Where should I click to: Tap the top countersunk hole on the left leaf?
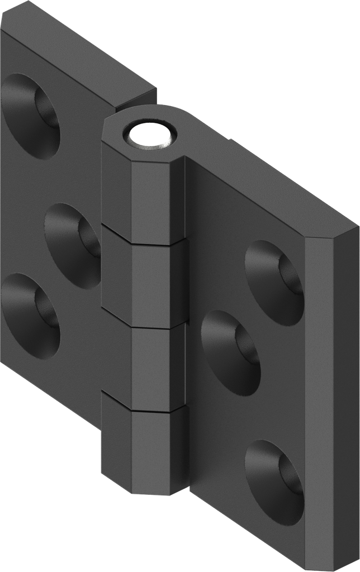tap(31, 116)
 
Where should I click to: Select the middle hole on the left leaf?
tap(73, 245)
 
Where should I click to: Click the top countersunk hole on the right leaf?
tap(274, 282)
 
